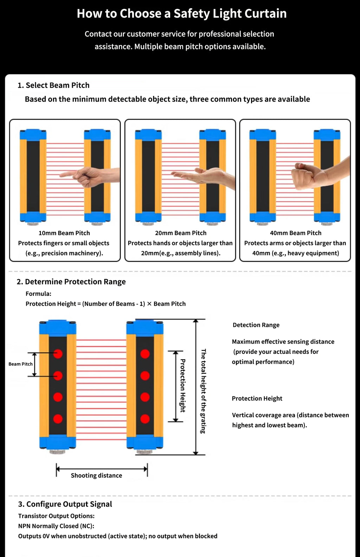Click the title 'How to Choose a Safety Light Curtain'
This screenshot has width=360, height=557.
182,14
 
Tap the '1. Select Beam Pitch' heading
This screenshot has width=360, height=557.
53,85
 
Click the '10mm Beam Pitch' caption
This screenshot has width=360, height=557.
64,233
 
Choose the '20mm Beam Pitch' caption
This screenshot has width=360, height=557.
181,233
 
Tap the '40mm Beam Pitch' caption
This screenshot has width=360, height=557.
296,233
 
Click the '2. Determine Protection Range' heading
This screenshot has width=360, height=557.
71,282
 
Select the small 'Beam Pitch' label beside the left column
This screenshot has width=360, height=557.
20,364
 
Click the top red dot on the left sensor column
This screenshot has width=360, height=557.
58,354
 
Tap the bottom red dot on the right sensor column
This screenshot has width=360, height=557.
145,419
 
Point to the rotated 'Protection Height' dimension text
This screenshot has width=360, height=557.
182,386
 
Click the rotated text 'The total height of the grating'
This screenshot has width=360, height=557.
203,391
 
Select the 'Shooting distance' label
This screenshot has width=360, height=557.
97,475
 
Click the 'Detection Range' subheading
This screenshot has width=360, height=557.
256,325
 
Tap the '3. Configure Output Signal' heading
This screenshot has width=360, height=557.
65,504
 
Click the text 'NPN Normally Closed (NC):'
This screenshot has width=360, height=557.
56,526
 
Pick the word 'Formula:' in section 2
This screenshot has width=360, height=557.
38,294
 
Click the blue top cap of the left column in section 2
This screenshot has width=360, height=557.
58,328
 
